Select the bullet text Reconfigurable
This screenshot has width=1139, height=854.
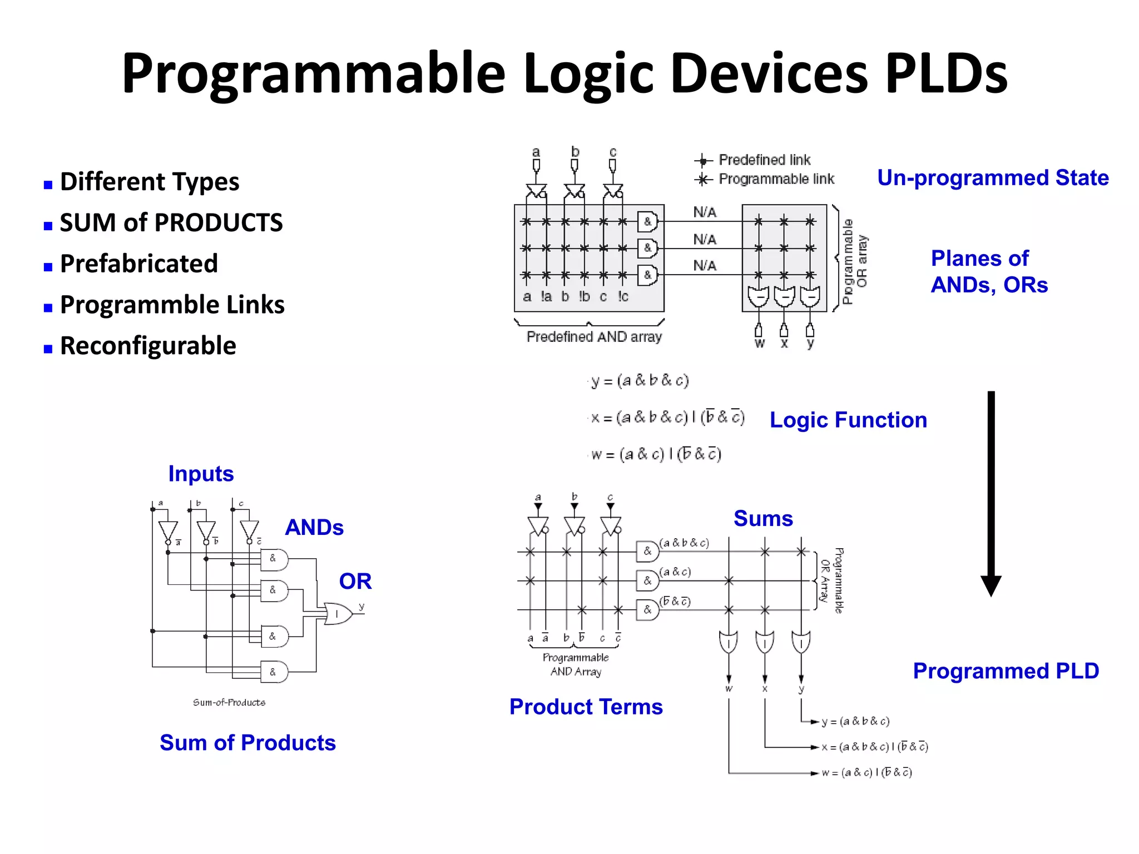pos(148,346)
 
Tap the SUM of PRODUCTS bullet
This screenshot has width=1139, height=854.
pos(171,223)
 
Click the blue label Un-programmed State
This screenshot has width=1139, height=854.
pos(993,178)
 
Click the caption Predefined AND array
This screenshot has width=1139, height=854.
pos(594,337)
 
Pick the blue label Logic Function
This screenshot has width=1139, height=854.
pos(848,420)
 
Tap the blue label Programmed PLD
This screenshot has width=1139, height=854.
pos(1006,671)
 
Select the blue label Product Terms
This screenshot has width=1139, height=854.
pos(586,707)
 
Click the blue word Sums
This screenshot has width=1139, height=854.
pos(763,518)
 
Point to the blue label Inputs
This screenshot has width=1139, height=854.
pos(201,474)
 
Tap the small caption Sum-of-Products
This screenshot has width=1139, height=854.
pos(229,703)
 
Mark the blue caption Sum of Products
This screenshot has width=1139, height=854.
pos(247,743)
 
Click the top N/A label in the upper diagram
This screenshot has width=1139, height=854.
pos(705,212)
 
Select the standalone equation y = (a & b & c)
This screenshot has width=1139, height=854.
pos(640,381)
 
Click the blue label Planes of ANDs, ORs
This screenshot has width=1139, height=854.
pos(989,272)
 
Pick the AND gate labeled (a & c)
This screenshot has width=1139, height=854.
pos(647,581)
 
